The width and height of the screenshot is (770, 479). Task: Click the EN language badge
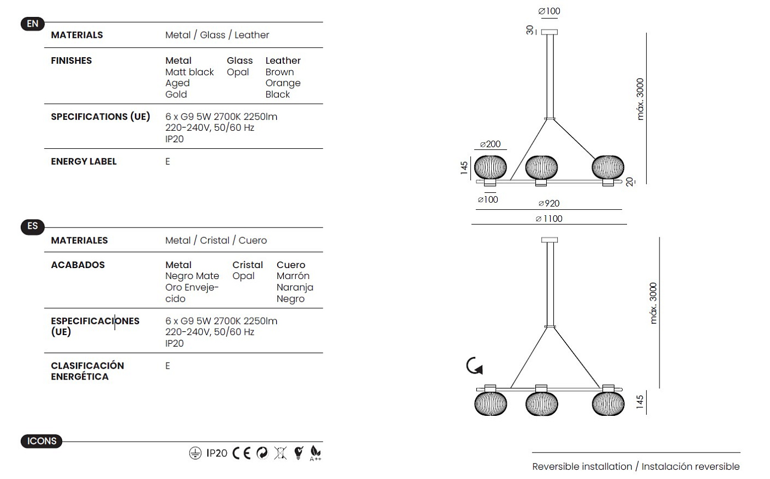[32, 24]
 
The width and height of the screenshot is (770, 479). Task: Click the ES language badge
[32, 226]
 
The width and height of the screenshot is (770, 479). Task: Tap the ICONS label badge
[42, 441]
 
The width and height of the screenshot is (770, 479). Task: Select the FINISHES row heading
[71, 61]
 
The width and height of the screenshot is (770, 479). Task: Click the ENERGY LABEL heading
[84, 161]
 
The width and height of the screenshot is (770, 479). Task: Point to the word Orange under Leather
[283, 83]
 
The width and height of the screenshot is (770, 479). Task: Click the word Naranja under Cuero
[295, 287]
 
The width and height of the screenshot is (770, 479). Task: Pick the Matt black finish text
[189, 72]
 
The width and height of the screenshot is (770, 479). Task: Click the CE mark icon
[241, 453]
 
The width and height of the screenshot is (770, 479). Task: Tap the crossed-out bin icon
[280, 453]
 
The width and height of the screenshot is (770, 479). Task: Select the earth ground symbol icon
[195, 453]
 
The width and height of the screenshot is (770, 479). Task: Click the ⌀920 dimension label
[549, 204]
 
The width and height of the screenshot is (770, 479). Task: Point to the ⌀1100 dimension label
[549, 219]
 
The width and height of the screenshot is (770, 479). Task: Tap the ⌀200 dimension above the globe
[490, 144]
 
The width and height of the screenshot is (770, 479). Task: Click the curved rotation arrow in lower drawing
[474, 366]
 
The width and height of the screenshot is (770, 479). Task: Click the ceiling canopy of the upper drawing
[549, 32]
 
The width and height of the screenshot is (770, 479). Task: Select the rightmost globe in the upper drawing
[608, 167]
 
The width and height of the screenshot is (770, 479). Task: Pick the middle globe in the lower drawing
[541, 404]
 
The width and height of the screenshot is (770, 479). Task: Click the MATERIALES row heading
[79, 241]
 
